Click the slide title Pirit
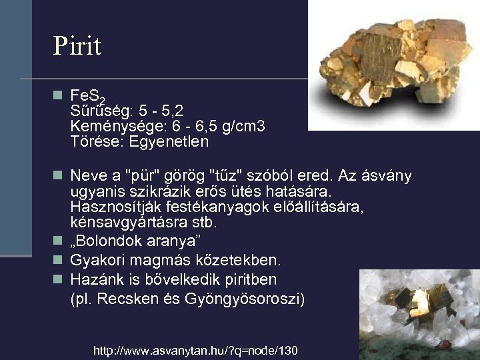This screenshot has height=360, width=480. pos(77,46)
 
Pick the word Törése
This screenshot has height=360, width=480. pos(92,141)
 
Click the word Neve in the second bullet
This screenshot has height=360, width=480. pos(87,176)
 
